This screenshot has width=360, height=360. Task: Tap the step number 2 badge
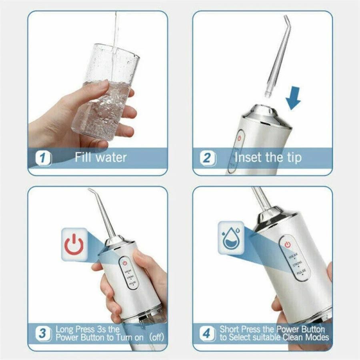pyautogui.click(x=207, y=158)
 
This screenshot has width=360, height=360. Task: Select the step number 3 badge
pyautogui.click(x=43, y=334)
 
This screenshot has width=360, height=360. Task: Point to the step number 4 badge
pyautogui.click(x=207, y=334)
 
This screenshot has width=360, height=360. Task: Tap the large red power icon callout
pyautogui.click(x=74, y=244)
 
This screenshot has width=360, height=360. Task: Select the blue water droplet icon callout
pyautogui.click(x=231, y=237)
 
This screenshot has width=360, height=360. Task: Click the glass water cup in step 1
pyautogui.click(x=105, y=96)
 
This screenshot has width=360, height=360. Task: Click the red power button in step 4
pyautogui.click(x=286, y=244)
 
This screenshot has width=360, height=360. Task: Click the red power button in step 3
pyautogui.click(x=125, y=262)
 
